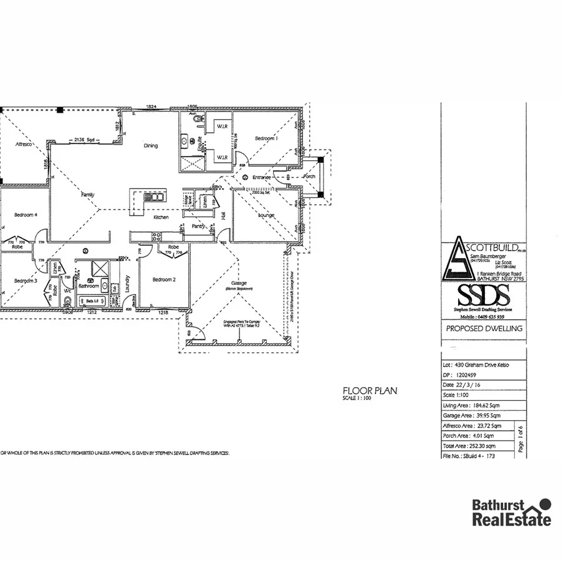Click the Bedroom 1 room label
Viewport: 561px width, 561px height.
[266, 138]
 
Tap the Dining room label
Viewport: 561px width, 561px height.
[151, 146]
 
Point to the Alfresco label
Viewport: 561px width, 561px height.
[24, 144]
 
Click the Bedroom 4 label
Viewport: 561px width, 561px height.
[26, 215]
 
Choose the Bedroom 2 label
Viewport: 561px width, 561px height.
[164, 280]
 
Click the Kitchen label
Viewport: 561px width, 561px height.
[161, 218]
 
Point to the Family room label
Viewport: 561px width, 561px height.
[88, 195]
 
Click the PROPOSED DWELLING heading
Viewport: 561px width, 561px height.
[484, 328]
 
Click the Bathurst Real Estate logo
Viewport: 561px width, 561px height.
[511, 512]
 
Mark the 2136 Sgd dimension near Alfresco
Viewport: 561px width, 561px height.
[84, 140]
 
